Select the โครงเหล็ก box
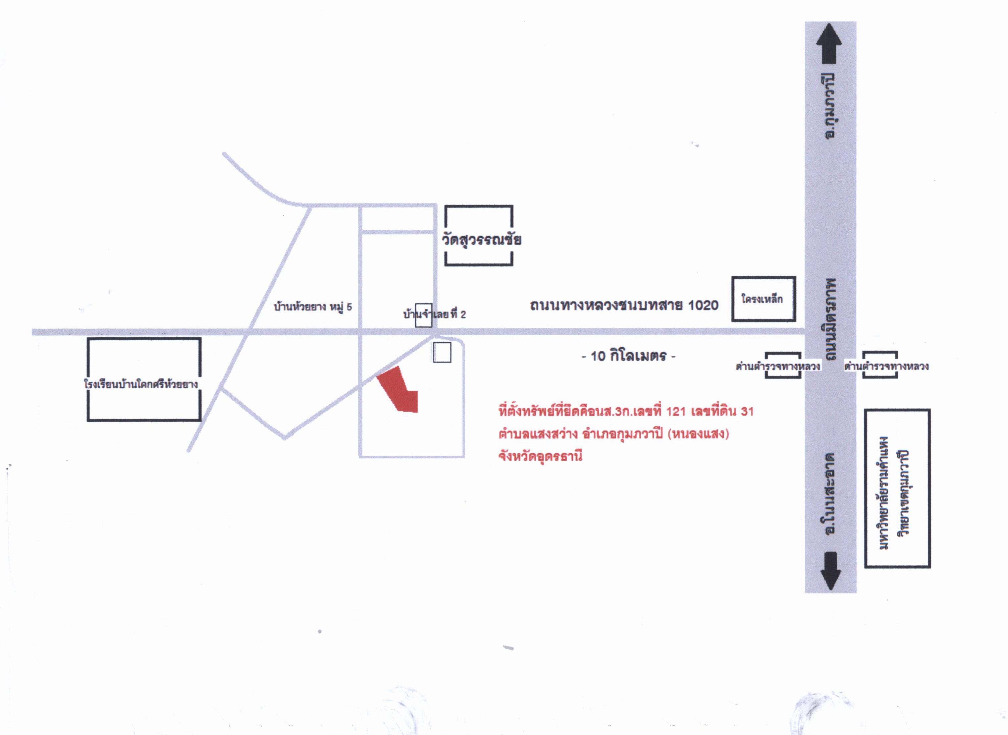click(x=764, y=299)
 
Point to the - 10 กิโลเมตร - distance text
click(x=628, y=356)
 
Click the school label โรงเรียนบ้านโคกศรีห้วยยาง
click(x=140, y=383)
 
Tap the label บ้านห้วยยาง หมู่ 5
click(x=313, y=307)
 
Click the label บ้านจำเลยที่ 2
click(x=434, y=314)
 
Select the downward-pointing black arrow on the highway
click(x=830, y=571)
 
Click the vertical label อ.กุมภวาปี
click(x=830, y=106)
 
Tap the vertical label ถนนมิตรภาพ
click(x=829, y=319)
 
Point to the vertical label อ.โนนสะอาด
click(x=829, y=493)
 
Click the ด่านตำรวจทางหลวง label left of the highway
click(x=778, y=366)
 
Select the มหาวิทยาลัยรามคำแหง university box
click(x=897, y=488)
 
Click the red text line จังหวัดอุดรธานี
click(x=540, y=456)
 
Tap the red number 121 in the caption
click(x=676, y=411)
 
